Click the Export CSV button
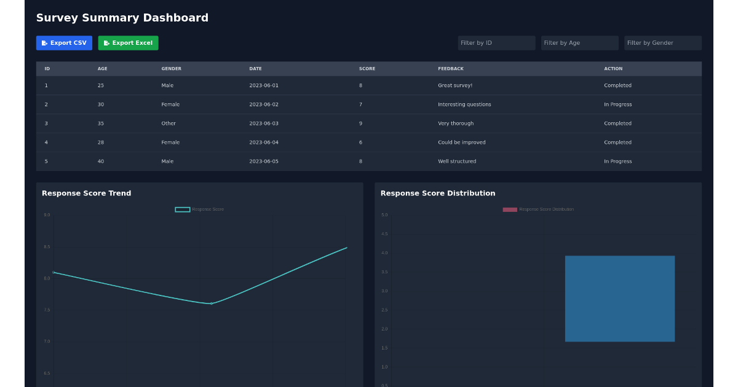[64, 43]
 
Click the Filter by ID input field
[496, 43]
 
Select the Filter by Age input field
[579, 43]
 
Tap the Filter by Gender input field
[662, 43]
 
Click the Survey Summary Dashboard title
[122, 18]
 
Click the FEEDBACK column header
[450, 69]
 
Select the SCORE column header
[367, 69]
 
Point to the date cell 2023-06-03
[263, 123]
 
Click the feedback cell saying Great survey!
[454, 85]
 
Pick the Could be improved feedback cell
[461, 143]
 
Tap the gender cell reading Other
[169, 123]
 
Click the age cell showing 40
[100, 162]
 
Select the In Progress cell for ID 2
[617, 104]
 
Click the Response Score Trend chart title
[86, 193]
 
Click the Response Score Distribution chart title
[437, 193]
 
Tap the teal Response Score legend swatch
[182, 209]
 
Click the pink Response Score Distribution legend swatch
[510, 209]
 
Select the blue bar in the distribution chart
[619, 299]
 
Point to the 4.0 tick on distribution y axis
[384, 253]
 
